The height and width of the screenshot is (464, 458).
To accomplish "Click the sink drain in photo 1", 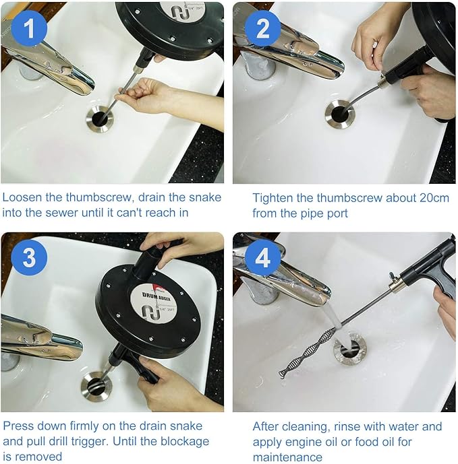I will point(100,119).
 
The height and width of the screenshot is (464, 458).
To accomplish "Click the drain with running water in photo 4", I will point(349,348).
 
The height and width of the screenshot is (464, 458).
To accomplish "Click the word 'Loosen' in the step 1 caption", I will point(23,197).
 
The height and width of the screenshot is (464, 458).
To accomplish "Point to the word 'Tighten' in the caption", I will point(273,197).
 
